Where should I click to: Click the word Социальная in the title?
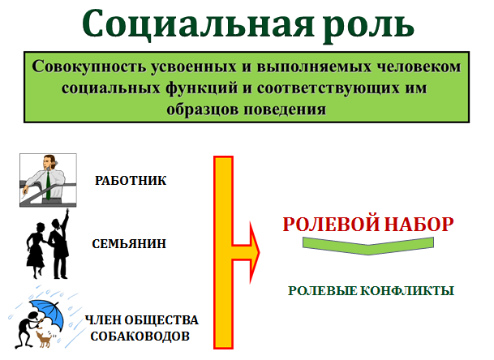coord(198,24)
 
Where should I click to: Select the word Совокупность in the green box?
coord(89,66)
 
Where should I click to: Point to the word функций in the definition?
coord(202,88)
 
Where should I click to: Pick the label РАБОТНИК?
coord(131,181)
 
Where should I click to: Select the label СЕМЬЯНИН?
coord(129,244)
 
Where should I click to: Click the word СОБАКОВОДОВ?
coord(140,336)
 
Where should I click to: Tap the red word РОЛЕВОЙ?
coord(331,224)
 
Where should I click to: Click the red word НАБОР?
coord(419,224)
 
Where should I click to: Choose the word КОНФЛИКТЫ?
coord(407,291)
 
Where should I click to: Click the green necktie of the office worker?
coord(48,186)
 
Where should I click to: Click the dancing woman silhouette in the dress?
coord(36,251)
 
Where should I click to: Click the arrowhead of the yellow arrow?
coord(255,252)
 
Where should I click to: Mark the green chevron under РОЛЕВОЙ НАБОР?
coord(368,246)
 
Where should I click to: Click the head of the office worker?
coord(49,161)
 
